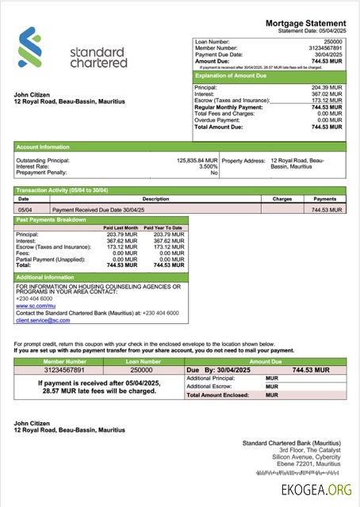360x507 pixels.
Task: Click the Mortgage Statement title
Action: coord(305,25)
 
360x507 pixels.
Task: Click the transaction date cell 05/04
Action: coord(25,210)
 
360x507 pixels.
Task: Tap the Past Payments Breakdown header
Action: coord(52,219)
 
